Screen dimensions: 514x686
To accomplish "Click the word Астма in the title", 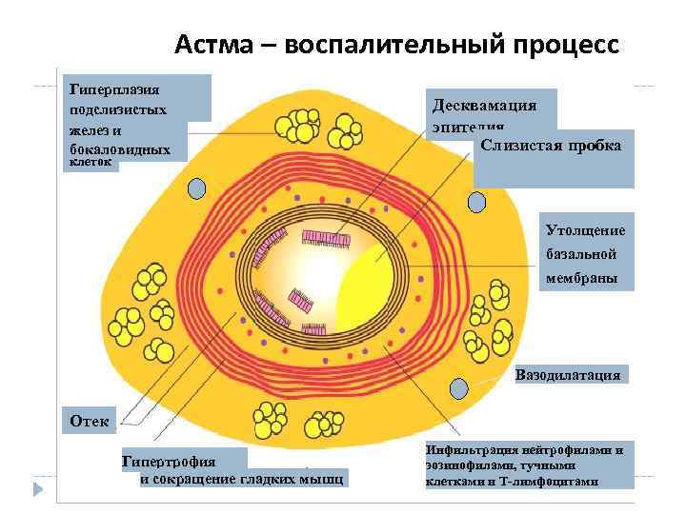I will (212, 45).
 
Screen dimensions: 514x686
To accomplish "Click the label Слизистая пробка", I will (552, 146).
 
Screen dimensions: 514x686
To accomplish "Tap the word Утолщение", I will (585, 230).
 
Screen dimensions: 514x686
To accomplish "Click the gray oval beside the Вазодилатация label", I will (459, 389).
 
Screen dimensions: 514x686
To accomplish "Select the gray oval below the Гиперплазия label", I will (197, 188).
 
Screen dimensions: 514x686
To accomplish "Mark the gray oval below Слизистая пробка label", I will (476, 201).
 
